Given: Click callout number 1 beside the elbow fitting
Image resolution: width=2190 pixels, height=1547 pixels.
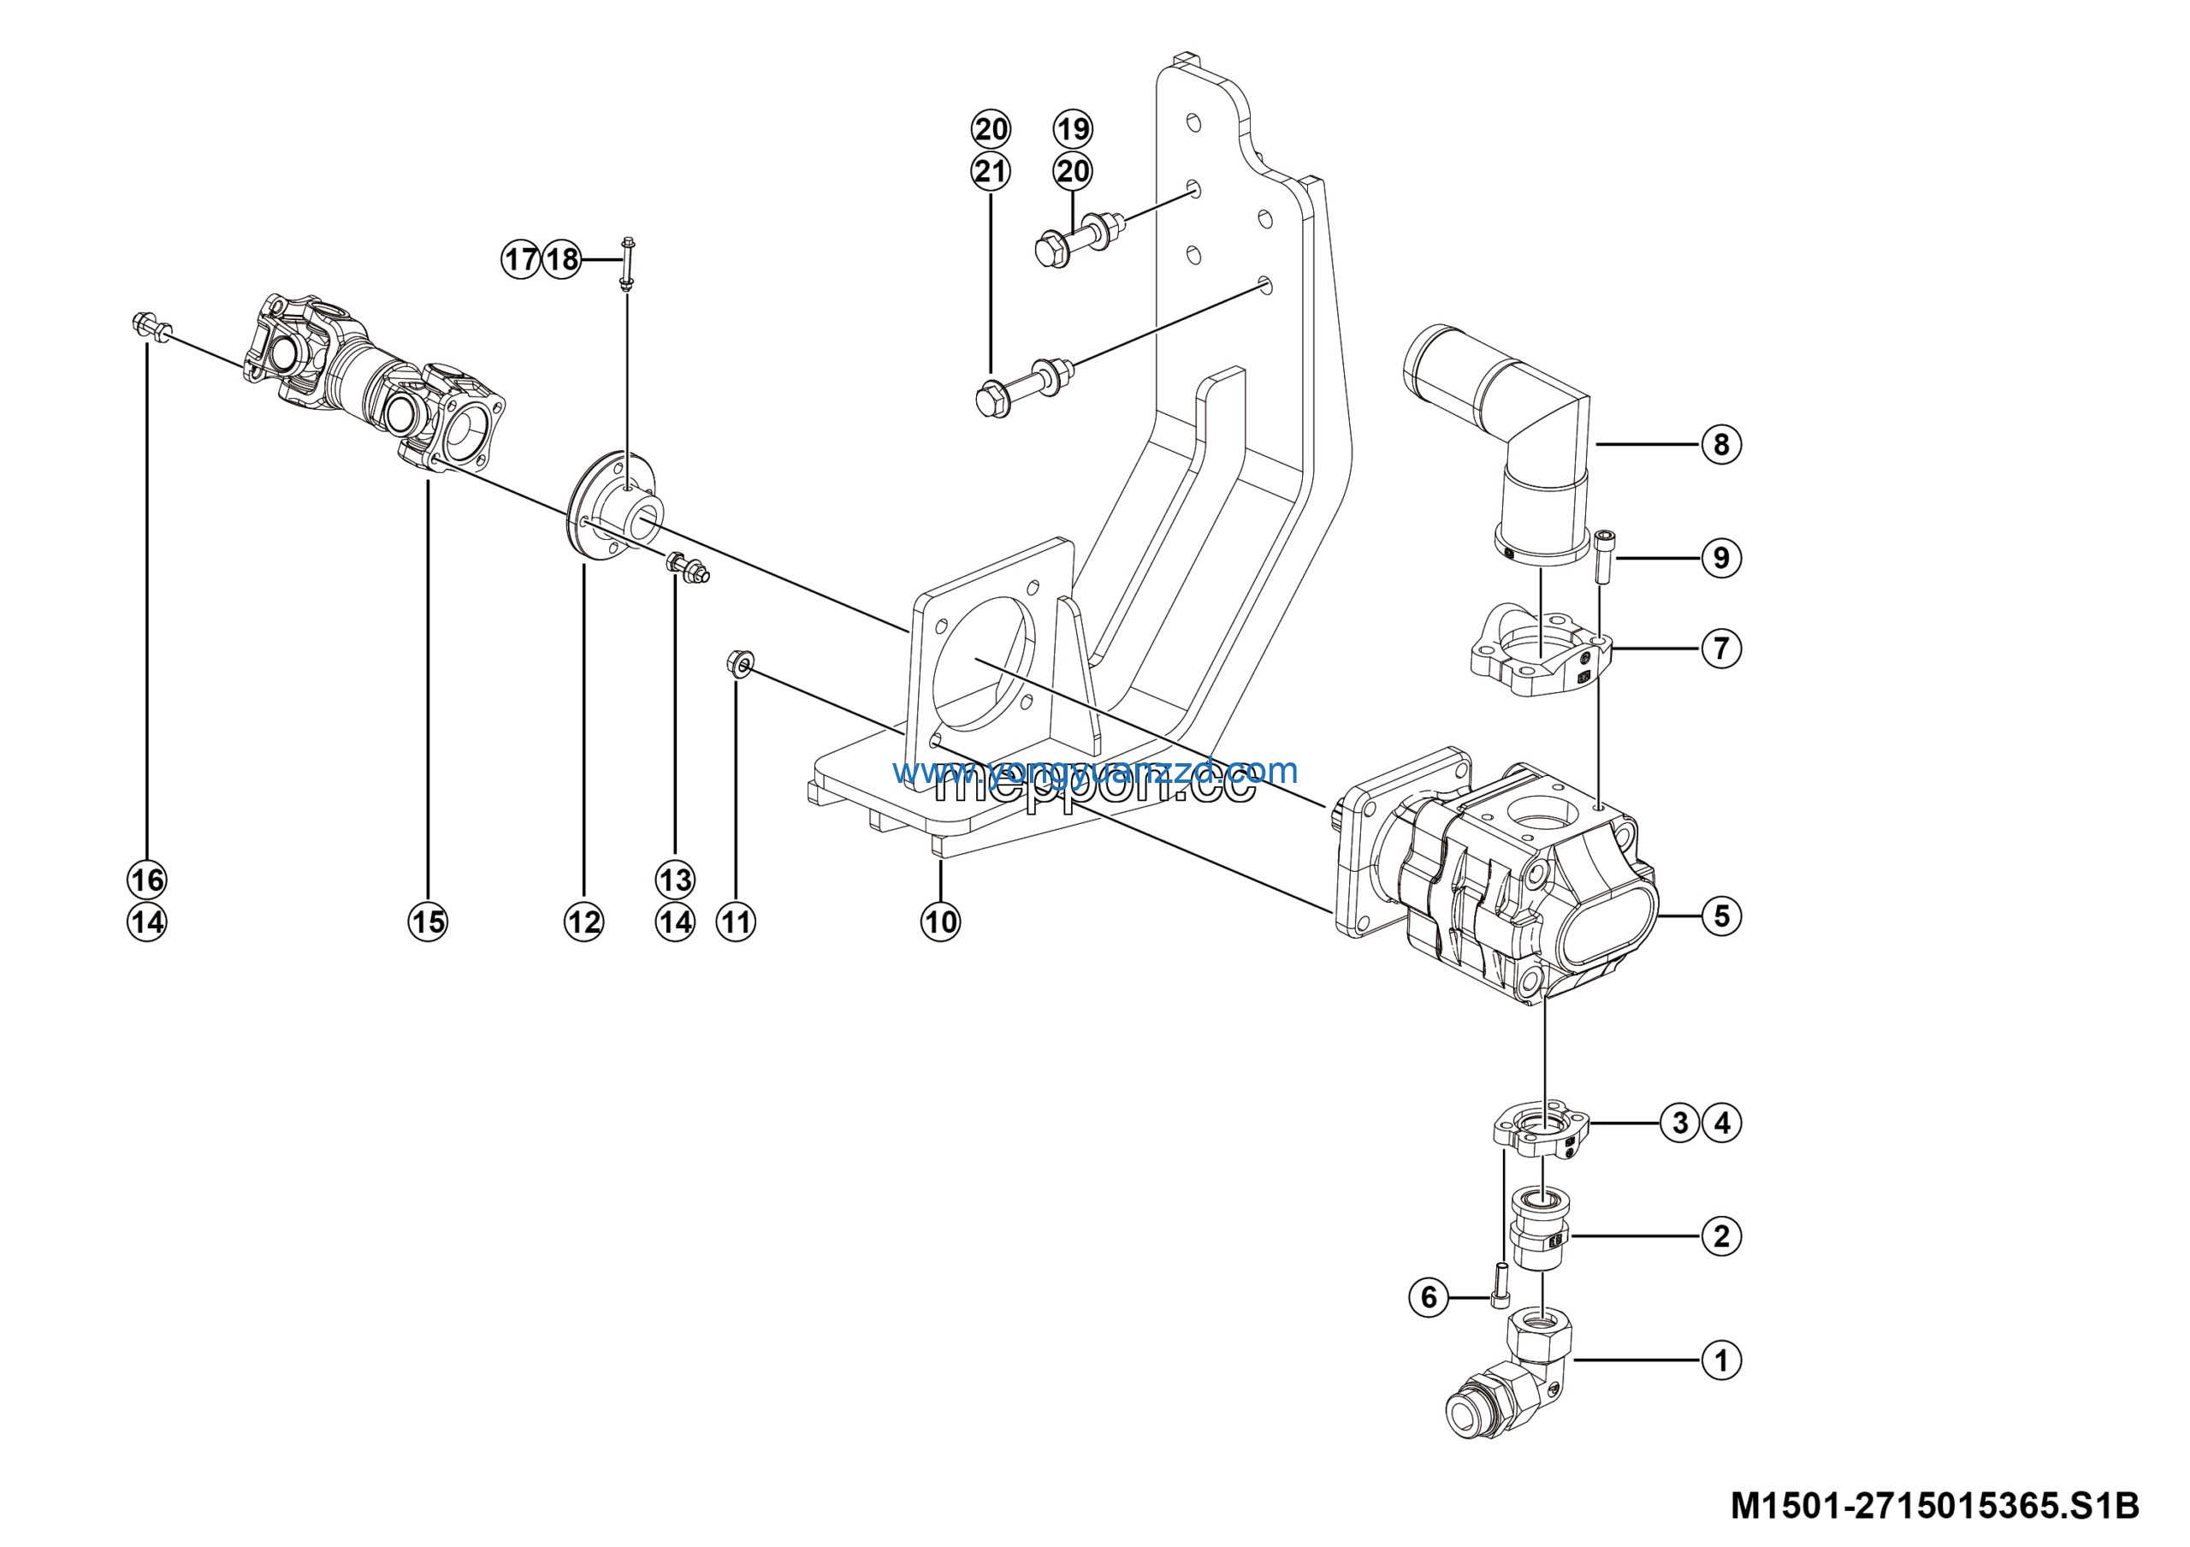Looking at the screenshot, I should (1720, 1360).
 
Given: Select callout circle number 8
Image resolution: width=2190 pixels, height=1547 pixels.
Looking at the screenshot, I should (1720, 444).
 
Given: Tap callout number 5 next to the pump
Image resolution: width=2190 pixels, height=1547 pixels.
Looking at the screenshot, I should (1720, 916).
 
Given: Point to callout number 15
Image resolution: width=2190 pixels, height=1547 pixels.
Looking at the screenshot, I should (428, 922).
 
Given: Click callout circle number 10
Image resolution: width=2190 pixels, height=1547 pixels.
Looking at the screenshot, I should (940, 922).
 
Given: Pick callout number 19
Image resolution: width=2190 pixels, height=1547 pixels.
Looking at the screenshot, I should (1073, 128).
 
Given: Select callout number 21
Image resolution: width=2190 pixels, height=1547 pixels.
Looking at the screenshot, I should (990, 172).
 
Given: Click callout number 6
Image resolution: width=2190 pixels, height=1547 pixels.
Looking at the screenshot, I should (1428, 1297).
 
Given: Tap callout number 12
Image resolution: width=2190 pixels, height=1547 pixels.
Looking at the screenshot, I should (583, 922).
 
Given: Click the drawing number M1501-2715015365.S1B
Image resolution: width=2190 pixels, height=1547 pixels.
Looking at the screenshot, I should (1934, 1506).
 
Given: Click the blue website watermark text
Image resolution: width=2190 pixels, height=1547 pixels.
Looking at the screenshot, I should (1094, 770).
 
